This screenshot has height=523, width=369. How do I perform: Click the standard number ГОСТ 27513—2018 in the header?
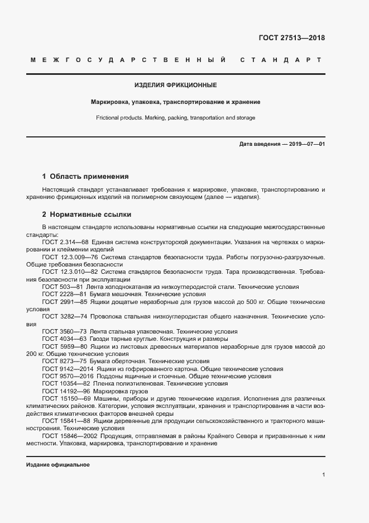pos(291,38)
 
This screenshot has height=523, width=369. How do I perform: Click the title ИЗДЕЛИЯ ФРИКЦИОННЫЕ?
pos(176,85)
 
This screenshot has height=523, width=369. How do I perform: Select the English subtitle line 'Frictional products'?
pos(176,118)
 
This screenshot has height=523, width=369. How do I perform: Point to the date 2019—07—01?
pos(305,144)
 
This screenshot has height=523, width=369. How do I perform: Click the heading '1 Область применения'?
pos(85,175)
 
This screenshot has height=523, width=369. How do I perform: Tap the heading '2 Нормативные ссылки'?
pos(87,215)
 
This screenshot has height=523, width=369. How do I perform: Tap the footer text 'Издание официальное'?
pos(57,465)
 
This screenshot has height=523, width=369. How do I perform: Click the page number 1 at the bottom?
pos(323,475)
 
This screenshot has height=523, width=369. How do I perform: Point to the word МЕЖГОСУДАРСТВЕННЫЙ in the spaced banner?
pos(128,60)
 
